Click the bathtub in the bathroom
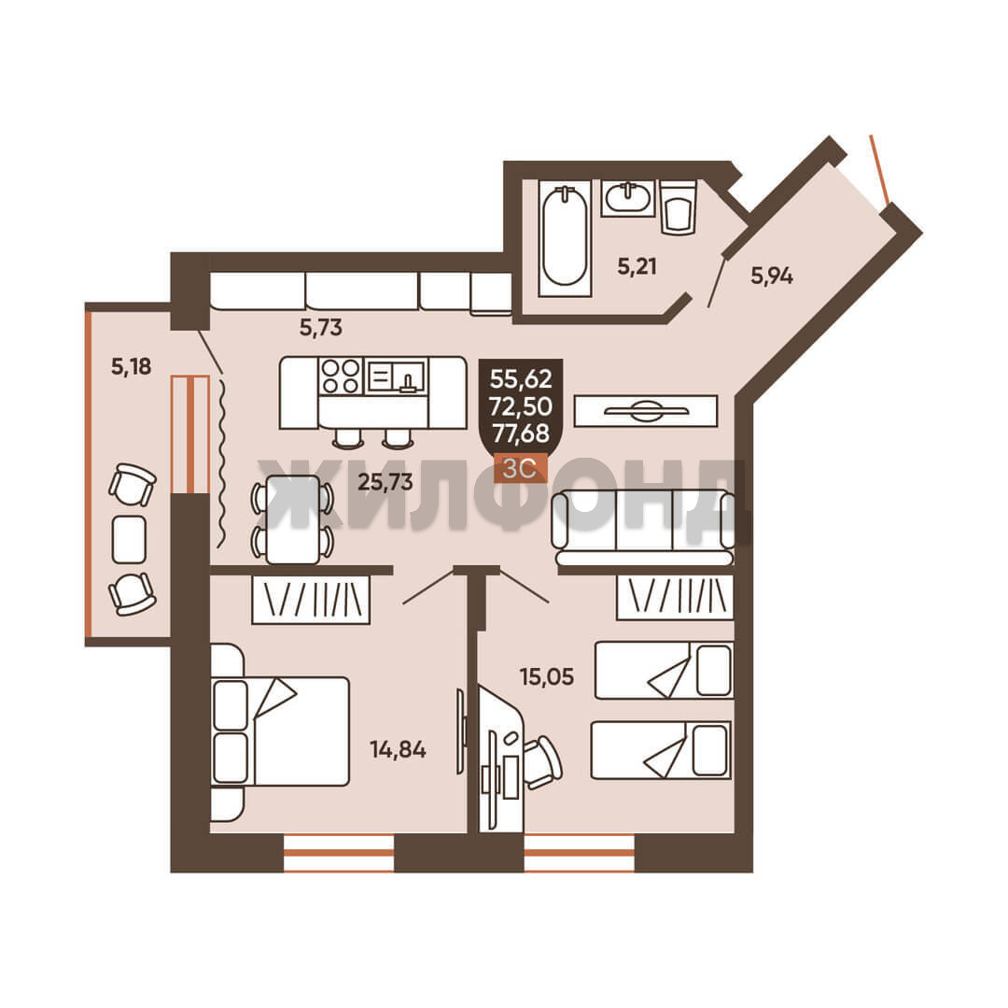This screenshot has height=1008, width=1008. click(x=565, y=238)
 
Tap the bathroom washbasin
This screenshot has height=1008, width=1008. click(x=627, y=197)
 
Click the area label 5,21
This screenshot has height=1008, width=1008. click(x=637, y=266)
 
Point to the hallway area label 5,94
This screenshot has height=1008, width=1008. click(x=772, y=277)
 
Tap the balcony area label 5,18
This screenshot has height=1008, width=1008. click(x=132, y=366)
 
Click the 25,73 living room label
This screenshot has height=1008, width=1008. click(x=385, y=482)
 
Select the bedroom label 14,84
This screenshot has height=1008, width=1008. click(x=398, y=749)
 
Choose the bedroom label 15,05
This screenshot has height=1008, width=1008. click(x=546, y=676)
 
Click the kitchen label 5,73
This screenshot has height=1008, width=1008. click(x=321, y=328)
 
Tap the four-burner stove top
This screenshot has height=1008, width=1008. click(x=341, y=376)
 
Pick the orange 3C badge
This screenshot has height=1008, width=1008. click(x=520, y=468)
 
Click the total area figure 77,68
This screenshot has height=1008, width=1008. click(x=521, y=433)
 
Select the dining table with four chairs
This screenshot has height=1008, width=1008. click(x=292, y=519)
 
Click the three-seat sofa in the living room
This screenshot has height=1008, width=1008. click(x=643, y=528)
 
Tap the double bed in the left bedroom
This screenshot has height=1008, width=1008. click(x=280, y=731)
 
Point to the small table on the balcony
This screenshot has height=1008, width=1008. click(x=129, y=539)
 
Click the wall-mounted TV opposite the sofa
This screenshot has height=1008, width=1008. click(x=646, y=411)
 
